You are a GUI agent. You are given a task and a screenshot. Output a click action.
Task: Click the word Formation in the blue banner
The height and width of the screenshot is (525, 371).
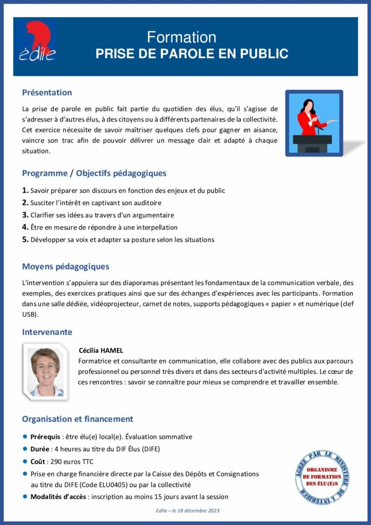181,37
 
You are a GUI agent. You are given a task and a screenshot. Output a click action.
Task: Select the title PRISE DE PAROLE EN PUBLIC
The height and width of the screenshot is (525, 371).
192,54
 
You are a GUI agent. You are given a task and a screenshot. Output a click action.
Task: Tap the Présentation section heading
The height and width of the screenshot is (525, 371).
47,93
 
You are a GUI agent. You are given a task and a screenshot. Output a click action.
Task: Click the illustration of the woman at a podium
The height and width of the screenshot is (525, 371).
314,124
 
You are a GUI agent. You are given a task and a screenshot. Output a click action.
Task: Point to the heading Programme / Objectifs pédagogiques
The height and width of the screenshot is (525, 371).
94,173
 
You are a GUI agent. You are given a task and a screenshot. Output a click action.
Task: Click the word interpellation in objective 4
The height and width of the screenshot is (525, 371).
152,227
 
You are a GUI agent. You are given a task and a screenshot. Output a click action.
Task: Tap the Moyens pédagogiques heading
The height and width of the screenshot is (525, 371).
65,267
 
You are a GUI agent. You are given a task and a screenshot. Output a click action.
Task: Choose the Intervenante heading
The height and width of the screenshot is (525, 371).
47,332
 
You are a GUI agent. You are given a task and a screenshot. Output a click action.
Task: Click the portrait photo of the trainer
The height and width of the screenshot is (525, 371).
46,372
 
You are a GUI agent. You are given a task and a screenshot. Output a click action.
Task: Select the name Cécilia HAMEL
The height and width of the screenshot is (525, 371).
101,351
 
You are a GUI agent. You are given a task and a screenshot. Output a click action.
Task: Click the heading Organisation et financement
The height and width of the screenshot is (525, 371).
77,419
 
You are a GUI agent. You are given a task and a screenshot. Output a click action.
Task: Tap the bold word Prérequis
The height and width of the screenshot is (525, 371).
45,437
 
